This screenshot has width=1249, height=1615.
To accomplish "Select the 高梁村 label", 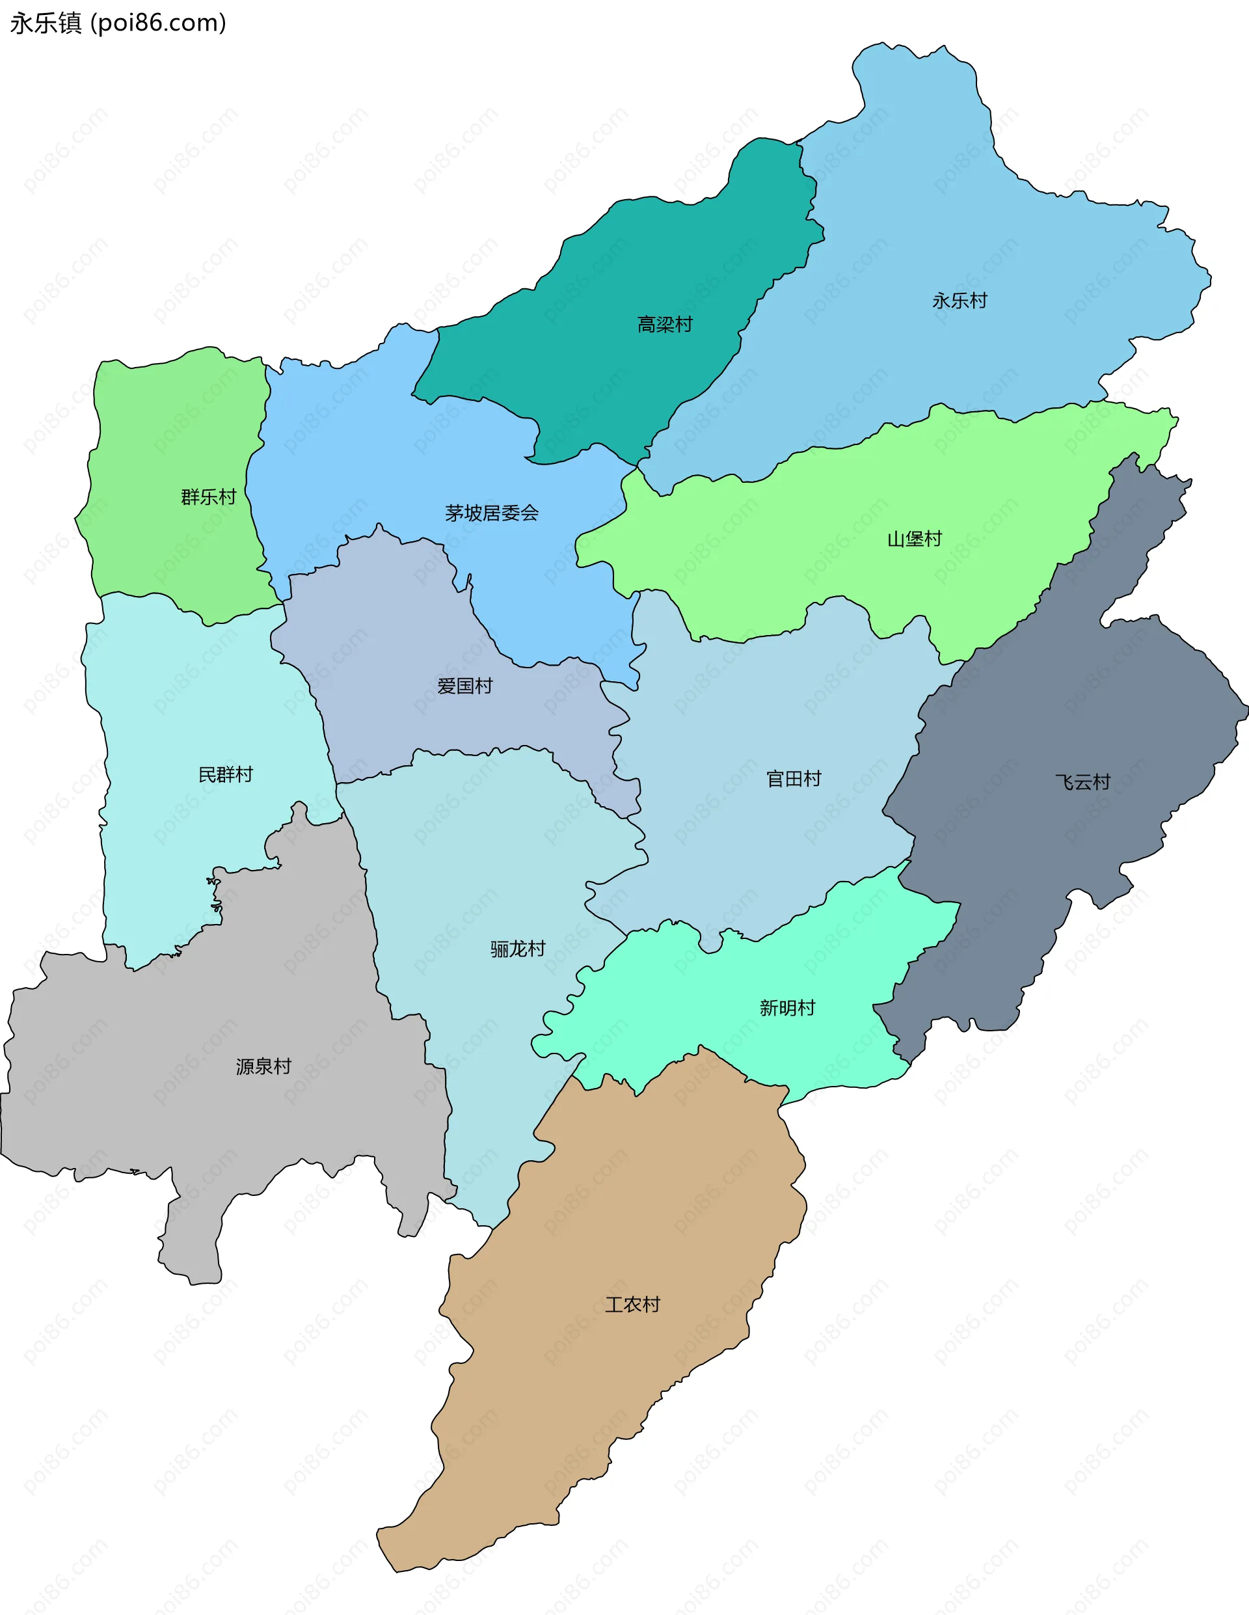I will [665, 325].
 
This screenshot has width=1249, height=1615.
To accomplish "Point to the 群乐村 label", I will [209, 497].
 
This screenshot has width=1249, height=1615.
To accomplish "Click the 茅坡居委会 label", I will [492, 513].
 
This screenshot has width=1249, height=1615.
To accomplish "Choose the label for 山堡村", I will [915, 539].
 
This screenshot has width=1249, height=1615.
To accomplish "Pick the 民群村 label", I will [226, 775].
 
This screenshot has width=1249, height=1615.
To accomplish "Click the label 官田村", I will [794, 779].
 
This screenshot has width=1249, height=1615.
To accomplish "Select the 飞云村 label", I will [1082, 782].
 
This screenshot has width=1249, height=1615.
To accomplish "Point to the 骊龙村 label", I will [518, 949].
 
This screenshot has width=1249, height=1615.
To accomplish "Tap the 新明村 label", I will [787, 1008].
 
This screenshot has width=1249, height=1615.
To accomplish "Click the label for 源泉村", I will [263, 1066].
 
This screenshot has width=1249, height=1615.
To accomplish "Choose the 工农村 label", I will [632, 1305].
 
